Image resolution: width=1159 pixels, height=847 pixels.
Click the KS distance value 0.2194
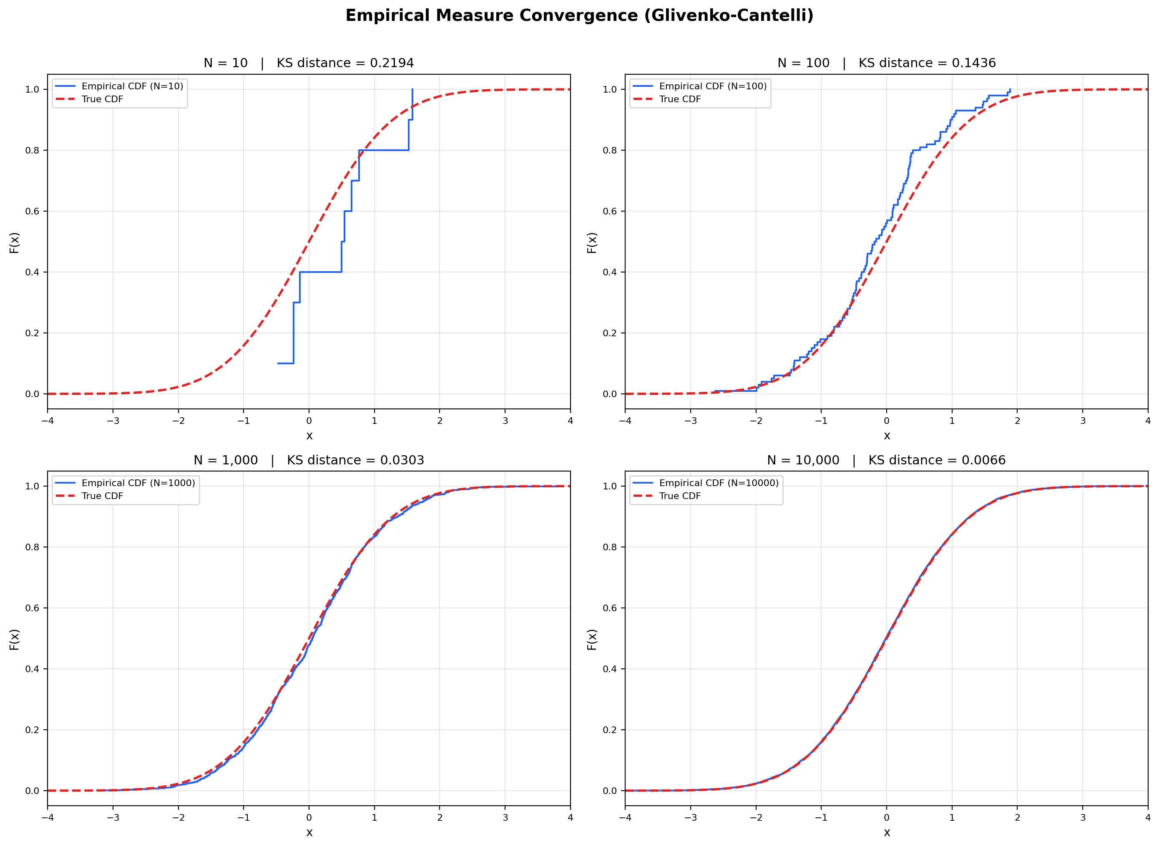coord(392,63)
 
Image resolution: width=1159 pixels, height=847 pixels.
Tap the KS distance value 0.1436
coord(973,63)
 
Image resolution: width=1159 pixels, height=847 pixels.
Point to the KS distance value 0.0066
coord(983,460)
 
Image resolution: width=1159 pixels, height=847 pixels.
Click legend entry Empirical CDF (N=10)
coord(132,86)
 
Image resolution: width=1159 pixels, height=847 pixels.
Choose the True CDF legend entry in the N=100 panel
coord(679,99)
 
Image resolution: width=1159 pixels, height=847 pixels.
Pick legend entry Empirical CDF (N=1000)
coord(138,483)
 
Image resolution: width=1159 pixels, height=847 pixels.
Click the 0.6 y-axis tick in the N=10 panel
coord(32,211)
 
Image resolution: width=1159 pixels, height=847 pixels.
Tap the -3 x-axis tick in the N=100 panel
coord(690,421)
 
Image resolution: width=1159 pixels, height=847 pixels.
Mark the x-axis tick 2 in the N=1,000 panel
coord(440,818)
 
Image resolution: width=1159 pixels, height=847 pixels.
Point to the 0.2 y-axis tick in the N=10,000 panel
coord(610,730)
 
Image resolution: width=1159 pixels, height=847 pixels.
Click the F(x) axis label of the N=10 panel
coord(14,242)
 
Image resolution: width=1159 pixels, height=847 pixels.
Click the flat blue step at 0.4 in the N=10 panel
coord(320,272)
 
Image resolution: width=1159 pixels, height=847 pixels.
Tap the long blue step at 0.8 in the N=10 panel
coord(383,150)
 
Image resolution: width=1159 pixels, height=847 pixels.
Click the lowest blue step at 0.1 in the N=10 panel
coord(285,363)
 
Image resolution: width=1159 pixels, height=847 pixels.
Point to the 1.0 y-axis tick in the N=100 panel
coord(610,89)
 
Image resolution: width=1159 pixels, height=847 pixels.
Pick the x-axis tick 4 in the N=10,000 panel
coord(1148,818)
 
